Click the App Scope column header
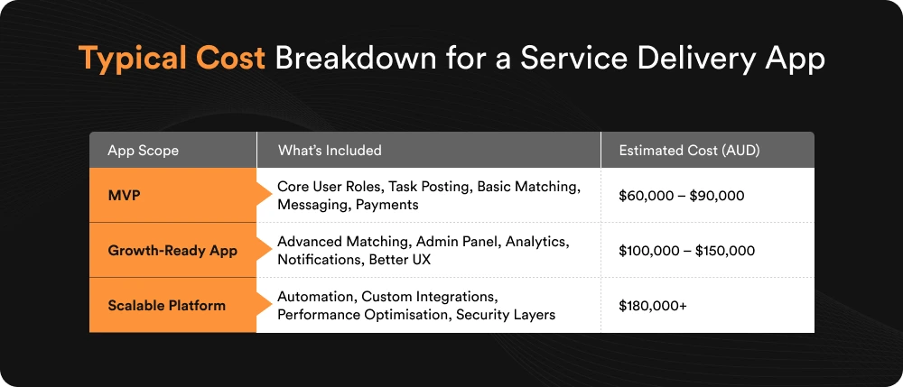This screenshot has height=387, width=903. point(143,151)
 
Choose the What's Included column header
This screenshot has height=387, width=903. point(330,151)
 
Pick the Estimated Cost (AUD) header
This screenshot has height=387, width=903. point(689,151)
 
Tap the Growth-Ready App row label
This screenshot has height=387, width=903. point(172,250)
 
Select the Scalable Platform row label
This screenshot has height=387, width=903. point(166,305)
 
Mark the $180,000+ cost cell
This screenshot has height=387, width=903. point(653,305)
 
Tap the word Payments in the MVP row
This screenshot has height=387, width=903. point(386,204)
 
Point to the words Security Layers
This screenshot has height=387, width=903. point(506,314)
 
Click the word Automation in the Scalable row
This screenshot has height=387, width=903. point(316,296)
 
